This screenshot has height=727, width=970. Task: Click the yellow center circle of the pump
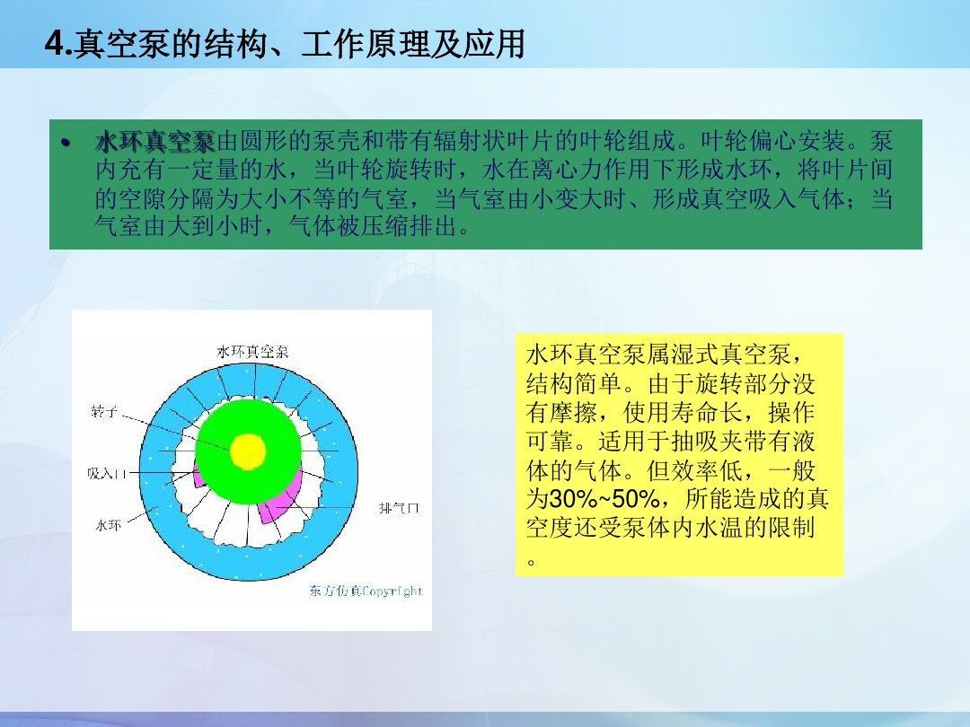point(248,451)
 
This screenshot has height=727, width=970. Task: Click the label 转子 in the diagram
point(103,412)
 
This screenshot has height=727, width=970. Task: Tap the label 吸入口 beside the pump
point(106,474)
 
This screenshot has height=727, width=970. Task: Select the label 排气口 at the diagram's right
point(399,508)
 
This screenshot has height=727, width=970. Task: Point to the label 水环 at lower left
point(108,525)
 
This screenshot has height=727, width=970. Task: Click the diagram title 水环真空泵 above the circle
point(252,352)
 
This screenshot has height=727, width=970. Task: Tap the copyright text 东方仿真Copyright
point(366,591)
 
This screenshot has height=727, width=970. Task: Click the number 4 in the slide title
point(54,44)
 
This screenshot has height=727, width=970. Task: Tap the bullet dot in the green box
point(66,143)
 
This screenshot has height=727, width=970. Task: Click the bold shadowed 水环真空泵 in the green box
point(155,142)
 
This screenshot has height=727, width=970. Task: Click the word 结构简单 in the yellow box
point(574,383)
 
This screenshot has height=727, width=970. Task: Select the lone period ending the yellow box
point(531,561)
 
